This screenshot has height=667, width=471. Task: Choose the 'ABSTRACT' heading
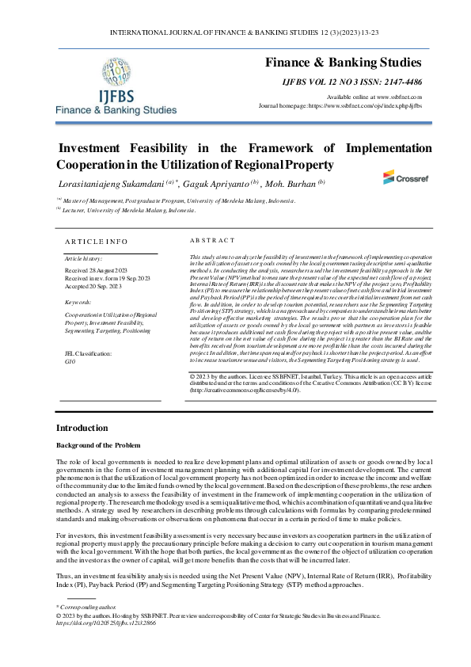coord(213,239)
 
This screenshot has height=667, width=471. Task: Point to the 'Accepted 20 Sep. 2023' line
coord(96,286)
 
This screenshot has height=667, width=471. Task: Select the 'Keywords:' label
coord(78,302)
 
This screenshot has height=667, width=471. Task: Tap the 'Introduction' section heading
coord(82,428)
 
